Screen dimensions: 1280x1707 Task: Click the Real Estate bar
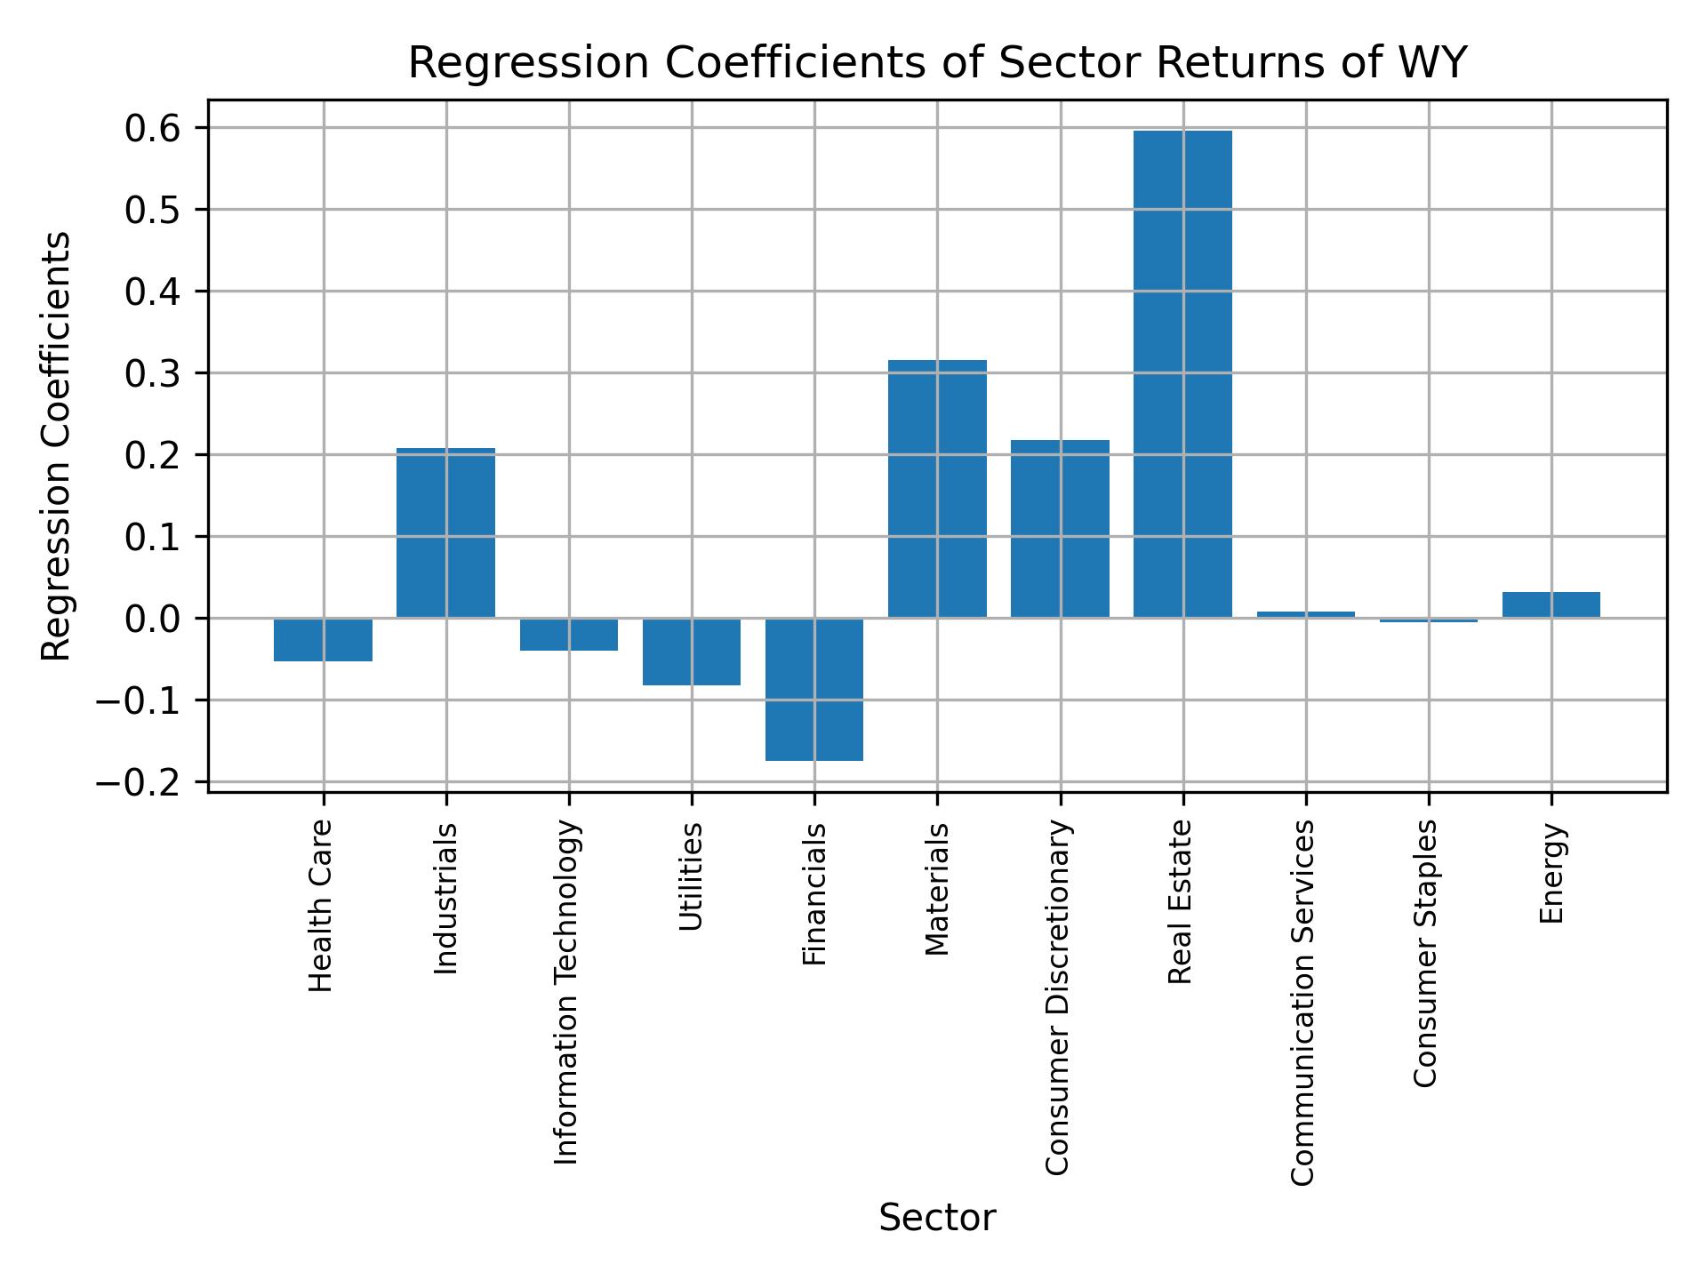[1182, 373]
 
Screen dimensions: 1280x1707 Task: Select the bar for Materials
[937, 489]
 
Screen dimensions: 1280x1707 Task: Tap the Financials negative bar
[814, 689]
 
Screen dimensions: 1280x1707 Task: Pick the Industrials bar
[445, 533]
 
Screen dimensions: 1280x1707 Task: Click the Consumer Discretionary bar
[1060, 529]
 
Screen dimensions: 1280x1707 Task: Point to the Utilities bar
[692, 652]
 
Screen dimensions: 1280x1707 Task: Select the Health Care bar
[323, 640]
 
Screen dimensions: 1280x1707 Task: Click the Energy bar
[1551, 604]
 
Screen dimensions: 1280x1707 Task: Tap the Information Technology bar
[569, 635]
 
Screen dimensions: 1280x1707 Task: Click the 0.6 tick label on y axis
[153, 129]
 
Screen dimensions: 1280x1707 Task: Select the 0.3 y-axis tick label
[153, 373]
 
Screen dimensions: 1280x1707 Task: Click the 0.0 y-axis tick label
[153, 619]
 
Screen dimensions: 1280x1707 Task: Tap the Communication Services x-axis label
[1302, 1003]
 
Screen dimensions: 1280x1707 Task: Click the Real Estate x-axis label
[1180, 902]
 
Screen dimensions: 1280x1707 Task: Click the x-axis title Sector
[937, 1218]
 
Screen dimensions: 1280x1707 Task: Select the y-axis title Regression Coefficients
[57, 446]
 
